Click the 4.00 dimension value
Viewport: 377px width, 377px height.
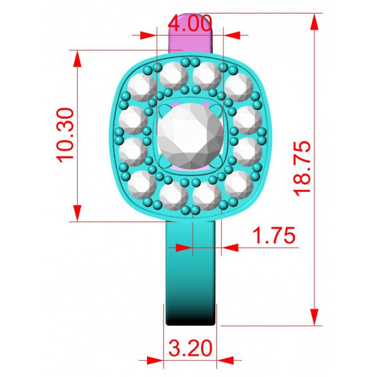[190, 23]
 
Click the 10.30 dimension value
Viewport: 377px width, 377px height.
[65, 135]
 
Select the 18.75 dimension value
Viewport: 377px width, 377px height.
[302, 169]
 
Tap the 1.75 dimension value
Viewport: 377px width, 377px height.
[274, 235]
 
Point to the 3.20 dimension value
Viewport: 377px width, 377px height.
[191, 348]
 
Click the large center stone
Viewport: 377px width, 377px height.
[190, 136]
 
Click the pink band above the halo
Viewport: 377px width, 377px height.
[191, 33]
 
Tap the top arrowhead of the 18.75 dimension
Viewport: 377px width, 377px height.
[314, 22]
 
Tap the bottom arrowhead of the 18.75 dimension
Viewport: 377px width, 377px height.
[314, 317]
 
